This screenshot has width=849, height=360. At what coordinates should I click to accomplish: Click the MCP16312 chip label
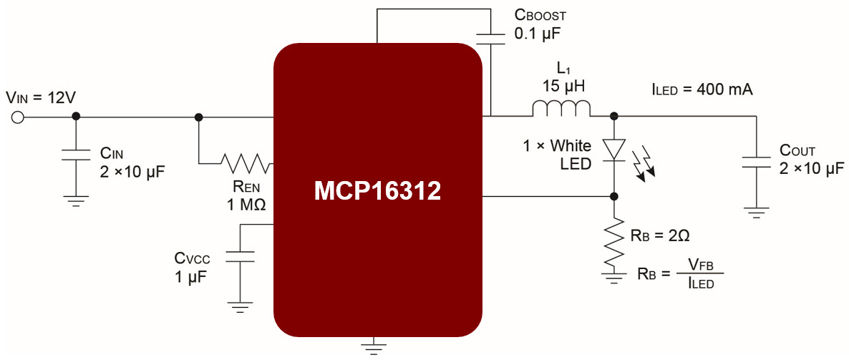click(377, 193)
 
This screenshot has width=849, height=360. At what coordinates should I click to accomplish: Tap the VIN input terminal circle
click(17, 117)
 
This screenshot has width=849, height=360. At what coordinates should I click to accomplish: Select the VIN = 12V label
click(41, 98)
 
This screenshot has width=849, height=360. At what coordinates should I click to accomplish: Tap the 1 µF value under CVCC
click(190, 277)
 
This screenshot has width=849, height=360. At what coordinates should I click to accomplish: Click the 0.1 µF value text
click(537, 34)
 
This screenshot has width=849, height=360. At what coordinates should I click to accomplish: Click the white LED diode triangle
click(614, 149)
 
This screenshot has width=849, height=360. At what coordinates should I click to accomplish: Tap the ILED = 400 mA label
click(702, 90)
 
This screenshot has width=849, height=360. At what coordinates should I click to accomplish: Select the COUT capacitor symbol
click(755, 162)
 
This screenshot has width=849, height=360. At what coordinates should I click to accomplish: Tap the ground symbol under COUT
click(755, 213)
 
